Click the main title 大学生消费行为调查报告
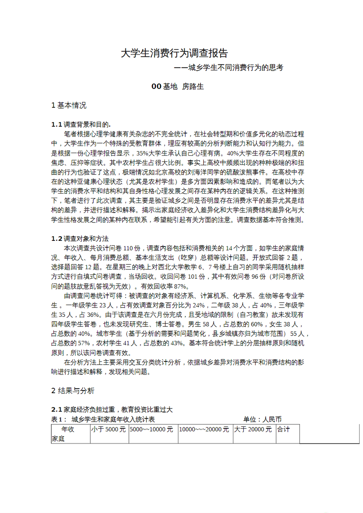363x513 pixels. click(174, 53)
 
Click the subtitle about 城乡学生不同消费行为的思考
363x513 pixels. click(228, 68)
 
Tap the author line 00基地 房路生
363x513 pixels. click(177, 87)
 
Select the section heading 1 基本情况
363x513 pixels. click(69, 105)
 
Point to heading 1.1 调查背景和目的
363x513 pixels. click(81, 124)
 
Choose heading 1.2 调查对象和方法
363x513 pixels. click(80, 239)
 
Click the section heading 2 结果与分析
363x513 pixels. click(73, 391)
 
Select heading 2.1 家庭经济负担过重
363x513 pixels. click(112, 410)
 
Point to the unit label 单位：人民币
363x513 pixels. click(262, 419)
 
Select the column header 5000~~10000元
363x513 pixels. click(151, 429)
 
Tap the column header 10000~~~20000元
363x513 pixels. click(204, 429)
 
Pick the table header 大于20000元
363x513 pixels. click(253, 429)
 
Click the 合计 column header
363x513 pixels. click(284, 429)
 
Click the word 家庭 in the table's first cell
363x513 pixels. click(58, 439)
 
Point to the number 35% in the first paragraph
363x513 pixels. click(142, 153)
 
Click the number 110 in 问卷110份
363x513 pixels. click(128, 248)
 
